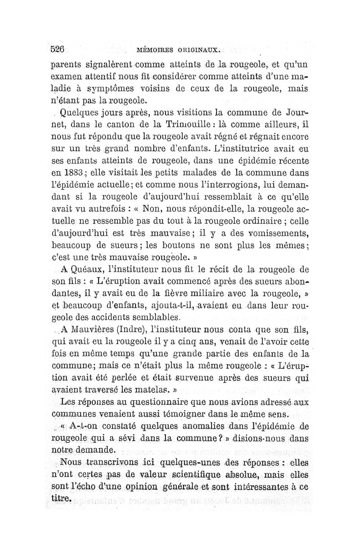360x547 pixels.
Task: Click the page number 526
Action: coord(58,49)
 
